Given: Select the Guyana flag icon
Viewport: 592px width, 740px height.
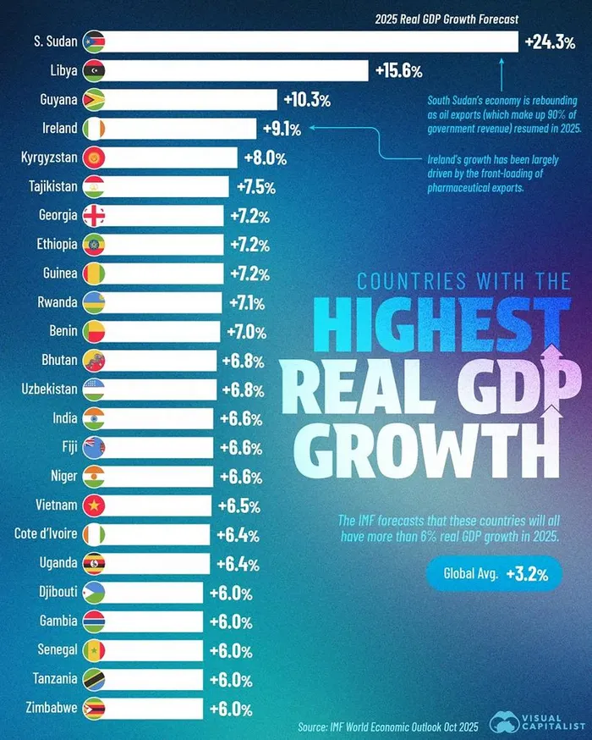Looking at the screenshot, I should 93,100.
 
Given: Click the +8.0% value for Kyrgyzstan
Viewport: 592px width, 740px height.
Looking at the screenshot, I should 266,158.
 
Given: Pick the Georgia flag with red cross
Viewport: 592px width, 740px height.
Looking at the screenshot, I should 93,216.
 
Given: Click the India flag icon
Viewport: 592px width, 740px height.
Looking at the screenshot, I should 93,418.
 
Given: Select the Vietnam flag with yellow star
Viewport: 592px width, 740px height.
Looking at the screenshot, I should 93,505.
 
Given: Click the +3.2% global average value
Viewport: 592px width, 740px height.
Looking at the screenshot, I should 529,574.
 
